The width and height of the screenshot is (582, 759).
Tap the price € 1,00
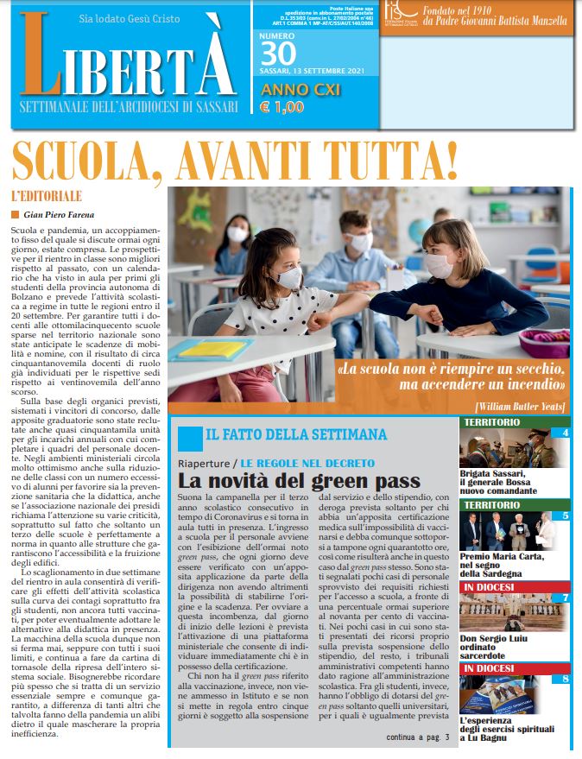tap(282, 108)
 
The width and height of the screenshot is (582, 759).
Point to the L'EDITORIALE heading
tap(47, 196)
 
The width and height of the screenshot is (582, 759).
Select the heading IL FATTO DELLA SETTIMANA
tap(296, 435)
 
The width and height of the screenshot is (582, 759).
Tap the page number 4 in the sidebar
tap(565, 433)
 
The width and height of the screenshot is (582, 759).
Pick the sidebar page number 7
tap(565, 598)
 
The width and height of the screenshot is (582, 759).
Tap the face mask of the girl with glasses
tap(289, 276)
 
